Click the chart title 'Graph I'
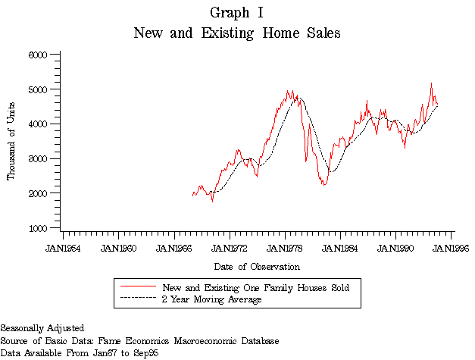click(236, 13)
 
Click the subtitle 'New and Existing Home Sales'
click(236, 33)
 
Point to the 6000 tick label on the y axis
click(38, 55)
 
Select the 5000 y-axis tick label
click(38, 89)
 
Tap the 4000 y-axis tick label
click(38, 124)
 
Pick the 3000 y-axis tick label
click(38, 159)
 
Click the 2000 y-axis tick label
click(38, 194)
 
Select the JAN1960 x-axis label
click(118, 248)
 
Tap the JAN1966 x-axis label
click(174, 248)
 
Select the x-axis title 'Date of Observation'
click(256, 267)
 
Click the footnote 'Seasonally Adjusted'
click(42, 329)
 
